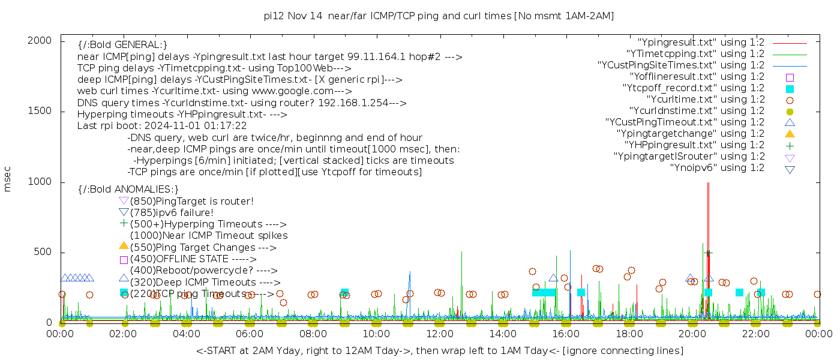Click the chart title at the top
pos(439,16)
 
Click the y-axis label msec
pos(7,179)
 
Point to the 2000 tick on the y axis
pos(40,41)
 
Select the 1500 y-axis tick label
pos(40,111)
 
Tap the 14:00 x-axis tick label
pos(503,334)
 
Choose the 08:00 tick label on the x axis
pos(313,334)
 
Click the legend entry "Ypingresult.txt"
pos(701,43)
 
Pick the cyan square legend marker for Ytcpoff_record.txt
pos(790,89)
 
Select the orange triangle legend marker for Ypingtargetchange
pos(790,134)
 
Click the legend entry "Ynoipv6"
pos(717,167)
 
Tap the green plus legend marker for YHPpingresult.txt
pos(790,146)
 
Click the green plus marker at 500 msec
pos(708,253)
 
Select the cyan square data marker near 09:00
pos(344,293)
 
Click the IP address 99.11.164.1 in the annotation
pos(376,56)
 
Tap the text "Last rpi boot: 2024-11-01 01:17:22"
pos(162,125)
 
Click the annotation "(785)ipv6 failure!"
pos(172,212)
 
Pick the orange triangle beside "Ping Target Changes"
pos(124,246)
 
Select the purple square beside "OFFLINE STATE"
pos(124,260)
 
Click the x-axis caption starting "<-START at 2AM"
pos(440,350)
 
